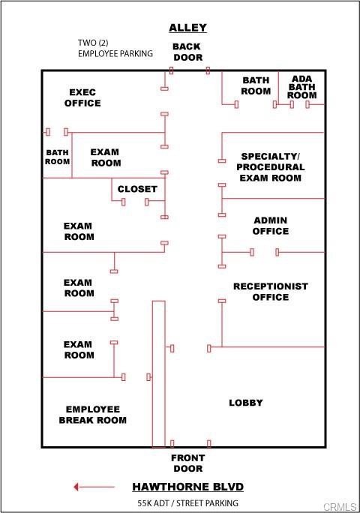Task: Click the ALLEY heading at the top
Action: (187, 28)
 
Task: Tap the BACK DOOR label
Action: (187, 52)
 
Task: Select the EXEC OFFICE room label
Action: (82, 97)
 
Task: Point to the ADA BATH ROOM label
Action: (302, 87)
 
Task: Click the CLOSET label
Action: (137, 189)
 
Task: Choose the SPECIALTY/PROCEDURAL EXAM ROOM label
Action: (270, 167)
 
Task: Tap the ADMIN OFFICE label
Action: (270, 226)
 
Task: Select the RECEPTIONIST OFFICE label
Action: (270, 292)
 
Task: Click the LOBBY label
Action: (246, 403)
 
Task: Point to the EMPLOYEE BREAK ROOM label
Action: (92, 415)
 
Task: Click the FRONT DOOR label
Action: (187, 463)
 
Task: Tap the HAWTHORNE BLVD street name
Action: (187, 487)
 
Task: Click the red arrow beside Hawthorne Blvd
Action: (94, 487)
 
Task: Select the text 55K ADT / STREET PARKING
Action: (187, 502)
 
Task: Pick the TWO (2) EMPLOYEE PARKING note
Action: (115, 48)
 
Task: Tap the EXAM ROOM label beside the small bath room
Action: (106, 157)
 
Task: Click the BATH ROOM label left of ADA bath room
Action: (256, 85)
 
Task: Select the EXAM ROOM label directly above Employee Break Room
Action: (79, 349)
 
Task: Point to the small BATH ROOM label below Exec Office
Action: (57, 157)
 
